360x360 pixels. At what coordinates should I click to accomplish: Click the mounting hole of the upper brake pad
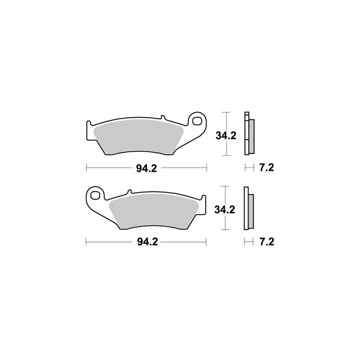pyautogui.click(x=196, y=121)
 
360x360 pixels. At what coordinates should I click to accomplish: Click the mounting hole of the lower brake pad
pyautogui.click(x=94, y=195)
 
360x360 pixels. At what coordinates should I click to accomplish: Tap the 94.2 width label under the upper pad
pyautogui.click(x=147, y=168)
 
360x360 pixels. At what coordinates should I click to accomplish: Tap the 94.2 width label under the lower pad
pyautogui.click(x=148, y=242)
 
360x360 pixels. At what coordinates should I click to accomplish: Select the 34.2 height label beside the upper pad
pyautogui.click(x=226, y=136)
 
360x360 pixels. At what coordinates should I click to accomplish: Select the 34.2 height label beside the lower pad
pyautogui.click(x=225, y=210)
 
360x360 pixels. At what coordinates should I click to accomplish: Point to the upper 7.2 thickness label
pyautogui.click(x=267, y=167)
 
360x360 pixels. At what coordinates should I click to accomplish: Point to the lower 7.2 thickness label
pyautogui.click(x=267, y=242)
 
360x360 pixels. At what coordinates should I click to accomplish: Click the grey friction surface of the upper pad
pyautogui.click(x=139, y=136)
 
